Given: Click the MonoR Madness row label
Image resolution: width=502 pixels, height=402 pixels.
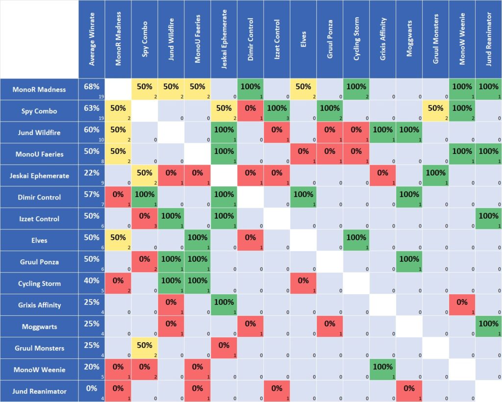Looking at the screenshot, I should tap(39, 89).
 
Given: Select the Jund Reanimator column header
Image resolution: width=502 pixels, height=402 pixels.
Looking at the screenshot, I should tap(488, 39).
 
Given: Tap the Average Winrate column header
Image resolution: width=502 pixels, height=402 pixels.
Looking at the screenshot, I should tap(92, 39).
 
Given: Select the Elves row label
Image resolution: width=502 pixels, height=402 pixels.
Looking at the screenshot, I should tap(39, 240).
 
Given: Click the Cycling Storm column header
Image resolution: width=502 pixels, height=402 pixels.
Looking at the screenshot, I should tap(356, 39).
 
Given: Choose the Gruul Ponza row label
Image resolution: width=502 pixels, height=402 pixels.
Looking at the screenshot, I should tap(39, 262).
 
